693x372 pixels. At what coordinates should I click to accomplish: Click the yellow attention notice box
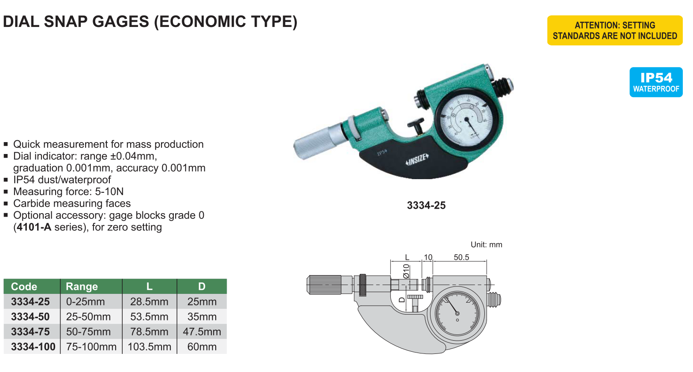pos(615,30)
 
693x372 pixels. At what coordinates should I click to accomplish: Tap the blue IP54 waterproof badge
pos(656,82)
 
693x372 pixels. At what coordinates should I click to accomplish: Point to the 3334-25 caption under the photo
pos(426,205)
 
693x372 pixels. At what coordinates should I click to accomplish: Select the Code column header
pos(24,286)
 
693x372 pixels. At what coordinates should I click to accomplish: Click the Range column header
pos(82,286)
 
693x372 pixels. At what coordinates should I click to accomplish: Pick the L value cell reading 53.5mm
pos(149,316)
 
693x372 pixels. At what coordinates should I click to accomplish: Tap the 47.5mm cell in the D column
pos(202,332)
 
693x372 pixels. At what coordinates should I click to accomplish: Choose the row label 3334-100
pos(33,346)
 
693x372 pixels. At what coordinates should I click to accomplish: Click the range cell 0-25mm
pos(86,301)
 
